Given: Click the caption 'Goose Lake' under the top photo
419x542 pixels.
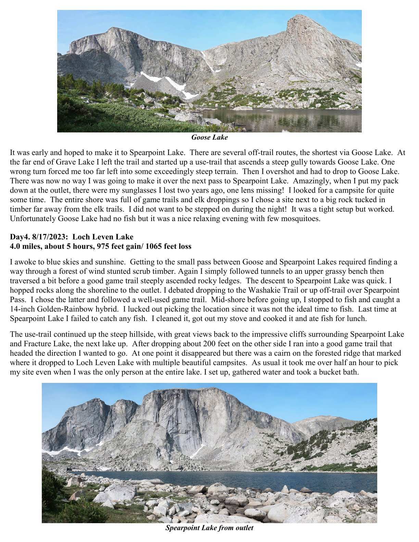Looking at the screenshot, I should point(209,138).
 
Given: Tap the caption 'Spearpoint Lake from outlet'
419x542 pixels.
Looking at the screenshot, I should point(209,528).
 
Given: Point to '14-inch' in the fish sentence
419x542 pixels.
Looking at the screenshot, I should point(20,310).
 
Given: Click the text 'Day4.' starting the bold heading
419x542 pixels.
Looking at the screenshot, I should point(18,237).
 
